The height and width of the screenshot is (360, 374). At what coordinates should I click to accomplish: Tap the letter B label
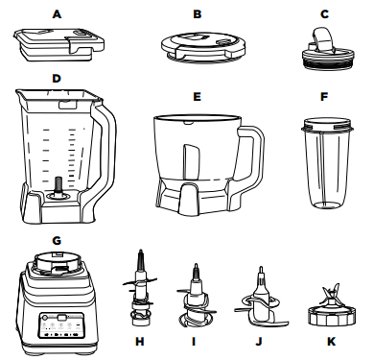point(197,13)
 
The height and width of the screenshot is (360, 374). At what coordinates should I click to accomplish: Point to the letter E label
point(197,97)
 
